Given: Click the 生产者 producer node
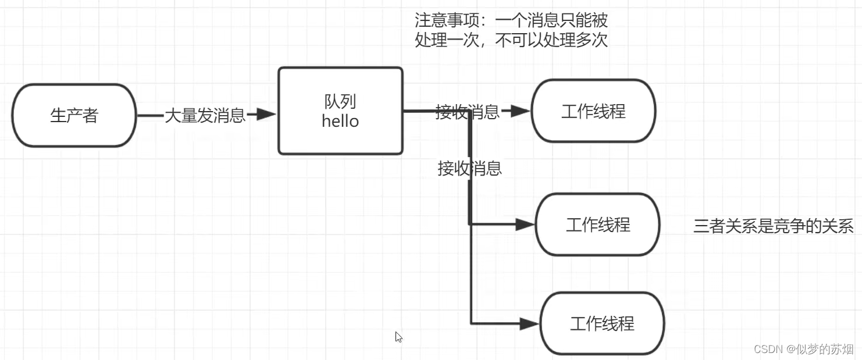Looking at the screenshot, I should click(74, 115).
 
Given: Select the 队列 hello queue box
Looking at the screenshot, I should click(340, 111).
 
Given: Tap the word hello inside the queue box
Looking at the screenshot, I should click(340, 121).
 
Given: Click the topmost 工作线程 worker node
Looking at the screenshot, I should click(593, 111).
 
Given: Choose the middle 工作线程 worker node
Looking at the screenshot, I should click(597, 224).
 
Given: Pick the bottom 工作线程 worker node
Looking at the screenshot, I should click(602, 323).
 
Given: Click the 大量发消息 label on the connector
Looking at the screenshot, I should click(205, 115).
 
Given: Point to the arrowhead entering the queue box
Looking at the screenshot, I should click(266, 115).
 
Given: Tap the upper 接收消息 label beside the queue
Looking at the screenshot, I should click(467, 112).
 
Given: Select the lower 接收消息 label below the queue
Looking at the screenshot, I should click(469, 169).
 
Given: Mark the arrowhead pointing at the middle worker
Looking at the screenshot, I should click(525, 224).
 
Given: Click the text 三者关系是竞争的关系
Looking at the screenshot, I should click(773, 226).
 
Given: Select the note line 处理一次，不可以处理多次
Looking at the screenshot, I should click(511, 41).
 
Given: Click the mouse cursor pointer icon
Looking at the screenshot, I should click(398, 337).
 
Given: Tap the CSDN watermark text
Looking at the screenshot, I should click(769, 349).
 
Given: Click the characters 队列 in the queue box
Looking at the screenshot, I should click(340, 102).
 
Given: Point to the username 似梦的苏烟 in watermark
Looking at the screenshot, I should click(825, 349).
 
